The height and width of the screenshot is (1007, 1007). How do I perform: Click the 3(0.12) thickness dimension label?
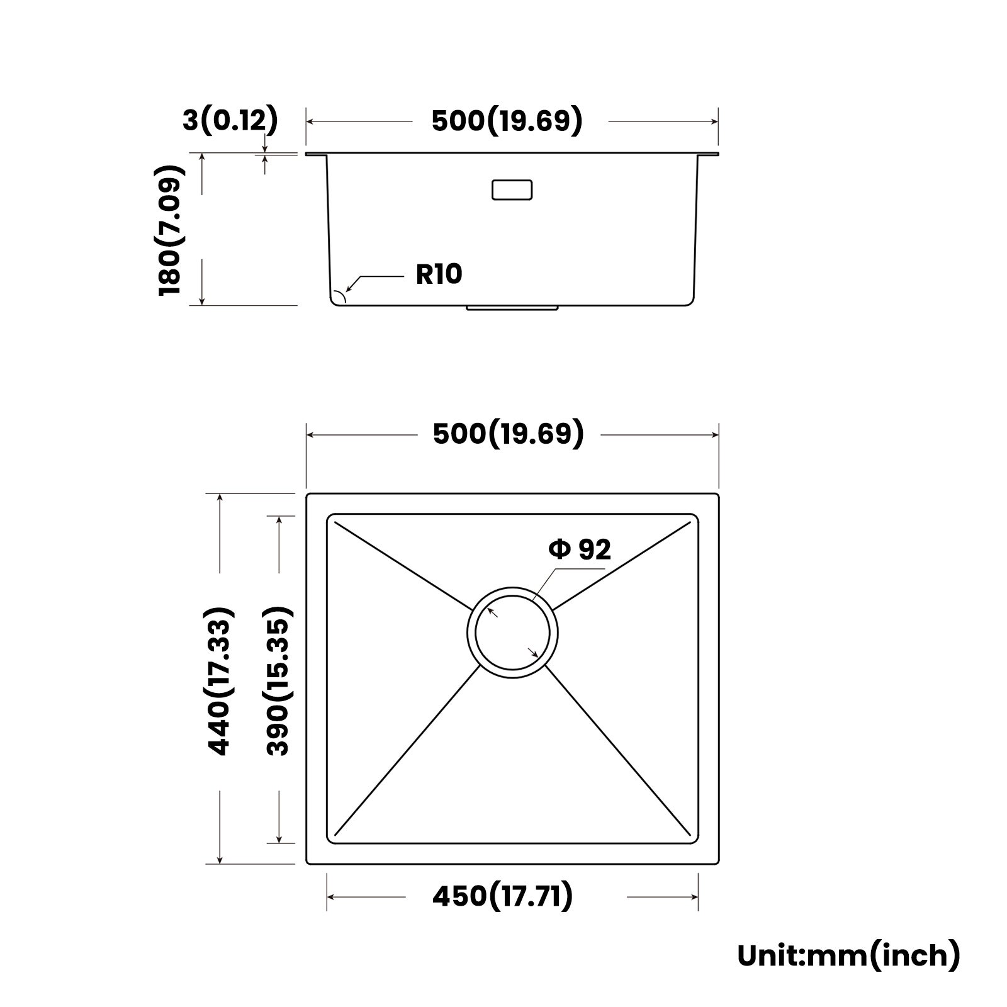pos(230,120)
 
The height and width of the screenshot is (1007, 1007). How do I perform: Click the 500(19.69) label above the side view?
pos(507,121)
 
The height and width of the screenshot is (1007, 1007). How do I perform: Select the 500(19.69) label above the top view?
pos(508,434)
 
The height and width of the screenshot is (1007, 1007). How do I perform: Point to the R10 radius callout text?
pos(439,274)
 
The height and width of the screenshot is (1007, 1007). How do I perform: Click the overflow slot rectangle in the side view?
pos(512,190)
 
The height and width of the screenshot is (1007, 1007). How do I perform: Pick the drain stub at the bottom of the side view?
pos(512,308)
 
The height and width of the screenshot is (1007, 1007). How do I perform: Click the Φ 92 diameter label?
pos(580,549)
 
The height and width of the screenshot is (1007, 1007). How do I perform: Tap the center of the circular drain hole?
pos(512,633)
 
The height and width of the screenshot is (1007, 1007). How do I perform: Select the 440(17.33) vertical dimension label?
pos(220,680)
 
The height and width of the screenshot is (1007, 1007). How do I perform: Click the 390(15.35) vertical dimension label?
pos(278,680)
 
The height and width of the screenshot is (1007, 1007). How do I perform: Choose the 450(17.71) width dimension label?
pos(502,896)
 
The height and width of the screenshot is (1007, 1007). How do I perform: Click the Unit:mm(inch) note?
pos(848,955)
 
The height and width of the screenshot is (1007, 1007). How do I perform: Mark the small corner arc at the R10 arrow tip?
pos(340,296)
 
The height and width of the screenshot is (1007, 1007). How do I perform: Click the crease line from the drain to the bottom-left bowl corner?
pos(409,752)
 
